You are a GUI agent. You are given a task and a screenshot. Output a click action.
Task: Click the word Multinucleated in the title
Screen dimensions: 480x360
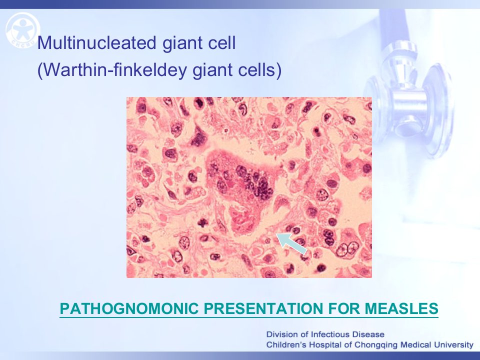96,42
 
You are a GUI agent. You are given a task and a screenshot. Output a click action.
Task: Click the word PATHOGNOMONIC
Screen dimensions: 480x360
129,308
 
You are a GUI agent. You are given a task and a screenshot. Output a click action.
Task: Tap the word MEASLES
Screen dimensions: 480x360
401,308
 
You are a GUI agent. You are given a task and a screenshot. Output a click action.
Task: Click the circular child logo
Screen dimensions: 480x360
22,30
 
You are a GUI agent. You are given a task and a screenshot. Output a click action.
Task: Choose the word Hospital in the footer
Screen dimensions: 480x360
325,345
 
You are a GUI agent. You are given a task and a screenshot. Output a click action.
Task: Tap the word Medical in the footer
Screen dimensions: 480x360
416,345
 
